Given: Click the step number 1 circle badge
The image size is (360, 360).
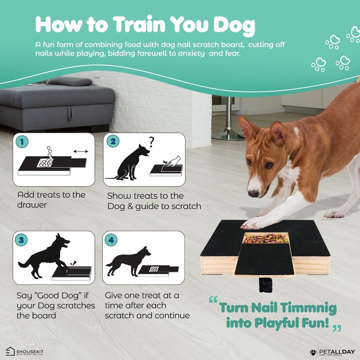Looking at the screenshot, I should tap(22, 142).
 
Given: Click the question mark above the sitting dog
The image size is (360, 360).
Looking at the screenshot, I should tap(152, 142).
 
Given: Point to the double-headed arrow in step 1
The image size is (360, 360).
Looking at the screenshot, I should tap(81, 151).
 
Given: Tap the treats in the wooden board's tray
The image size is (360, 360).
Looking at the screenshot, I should tap(265, 238).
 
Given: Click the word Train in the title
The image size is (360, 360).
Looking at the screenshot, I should tap(139, 25).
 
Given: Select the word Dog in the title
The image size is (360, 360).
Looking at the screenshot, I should tap(235, 25).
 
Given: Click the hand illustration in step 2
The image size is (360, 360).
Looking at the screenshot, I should tap(173, 162).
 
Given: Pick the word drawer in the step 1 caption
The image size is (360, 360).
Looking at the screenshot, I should tap(32, 205).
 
